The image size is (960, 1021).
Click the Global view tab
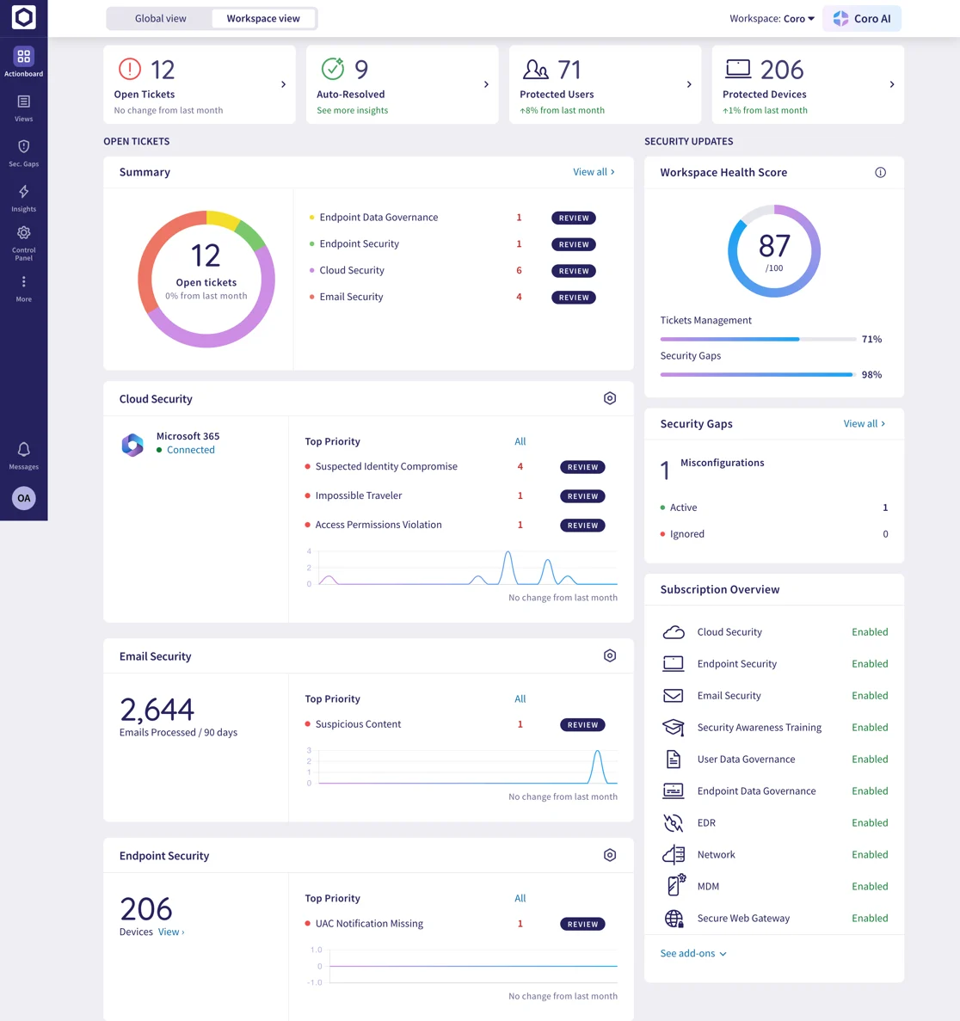click(x=160, y=18)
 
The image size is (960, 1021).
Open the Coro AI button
click(x=862, y=18)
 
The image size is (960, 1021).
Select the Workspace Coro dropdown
click(x=772, y=18)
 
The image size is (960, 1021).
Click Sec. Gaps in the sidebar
click(x=23, y=152)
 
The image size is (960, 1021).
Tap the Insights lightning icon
click(x=23, y=192)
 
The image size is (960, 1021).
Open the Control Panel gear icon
click(x=23, y=233)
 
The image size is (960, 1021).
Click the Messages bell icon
click(x=23, y=450)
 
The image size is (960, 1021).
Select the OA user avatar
click(x=23, y=498)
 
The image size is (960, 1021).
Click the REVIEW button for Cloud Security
click(x=573, y=271)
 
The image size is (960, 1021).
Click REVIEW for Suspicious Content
click(x=582, y=725)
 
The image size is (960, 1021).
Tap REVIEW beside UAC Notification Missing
click(x=582, y=925)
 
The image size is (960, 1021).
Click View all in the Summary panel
click(x=594, y=172)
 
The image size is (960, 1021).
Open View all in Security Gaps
click(x=864, y=423)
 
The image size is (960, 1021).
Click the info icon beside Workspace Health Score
click(x=880, y=172)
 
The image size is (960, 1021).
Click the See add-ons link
click(x=693, y=953)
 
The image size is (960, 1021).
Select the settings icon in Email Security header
click(x=610, y=655)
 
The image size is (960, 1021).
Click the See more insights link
click(x=352, y=110)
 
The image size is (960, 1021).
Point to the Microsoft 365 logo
click(x=132, y=445)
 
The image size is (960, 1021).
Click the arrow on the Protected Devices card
click(x=891, y=84)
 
